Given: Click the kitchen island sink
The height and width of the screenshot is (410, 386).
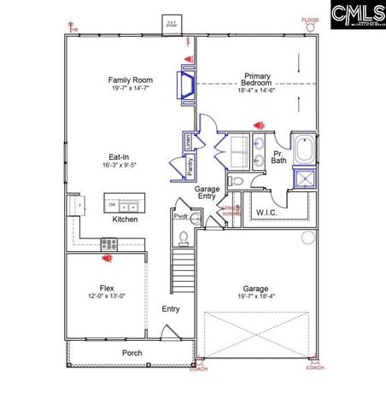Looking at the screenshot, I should (x=126, y=206).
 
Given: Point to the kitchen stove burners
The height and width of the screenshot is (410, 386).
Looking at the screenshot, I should (x=109, y=243).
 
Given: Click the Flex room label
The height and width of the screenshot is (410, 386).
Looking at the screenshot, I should (x=107, y=288).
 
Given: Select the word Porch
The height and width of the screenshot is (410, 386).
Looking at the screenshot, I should (x=132, y=353).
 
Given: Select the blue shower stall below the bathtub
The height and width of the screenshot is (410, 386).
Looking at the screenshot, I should (x=305, y=177).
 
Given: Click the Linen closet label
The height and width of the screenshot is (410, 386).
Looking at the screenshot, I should (x=188, y=141).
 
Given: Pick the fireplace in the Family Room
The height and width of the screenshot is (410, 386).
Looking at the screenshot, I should (x=184, y=84).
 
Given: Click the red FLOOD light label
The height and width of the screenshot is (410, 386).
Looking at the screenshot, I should (x=310, y=20).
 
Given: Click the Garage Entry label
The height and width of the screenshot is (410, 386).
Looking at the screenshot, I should (x=208, y=192).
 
